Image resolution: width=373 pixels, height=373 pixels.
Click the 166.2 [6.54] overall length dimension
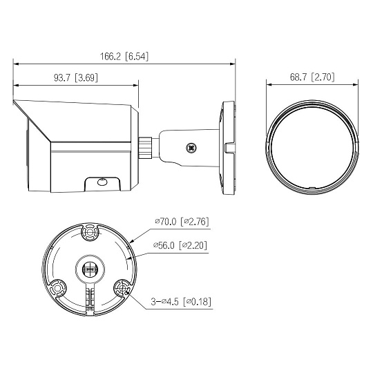[x=124, y=57]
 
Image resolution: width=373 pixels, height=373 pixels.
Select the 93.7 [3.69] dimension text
[x=76, y=78]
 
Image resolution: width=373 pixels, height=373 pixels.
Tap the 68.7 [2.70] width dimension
[x=312, y=77]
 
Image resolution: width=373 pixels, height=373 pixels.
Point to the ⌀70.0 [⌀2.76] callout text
[x=182, y=222]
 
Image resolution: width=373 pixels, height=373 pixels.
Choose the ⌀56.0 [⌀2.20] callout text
[x=180, y=245]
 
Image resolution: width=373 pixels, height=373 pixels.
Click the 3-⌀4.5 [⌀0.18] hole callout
[x=181, y=302]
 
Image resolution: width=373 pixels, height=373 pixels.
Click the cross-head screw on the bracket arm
[x=191, y=148]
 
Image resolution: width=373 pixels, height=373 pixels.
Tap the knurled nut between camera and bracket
[x=146, y=148]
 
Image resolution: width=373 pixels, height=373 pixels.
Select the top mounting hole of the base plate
[x=90, y=231]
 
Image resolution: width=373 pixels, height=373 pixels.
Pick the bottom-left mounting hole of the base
[x=57, y=289]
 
